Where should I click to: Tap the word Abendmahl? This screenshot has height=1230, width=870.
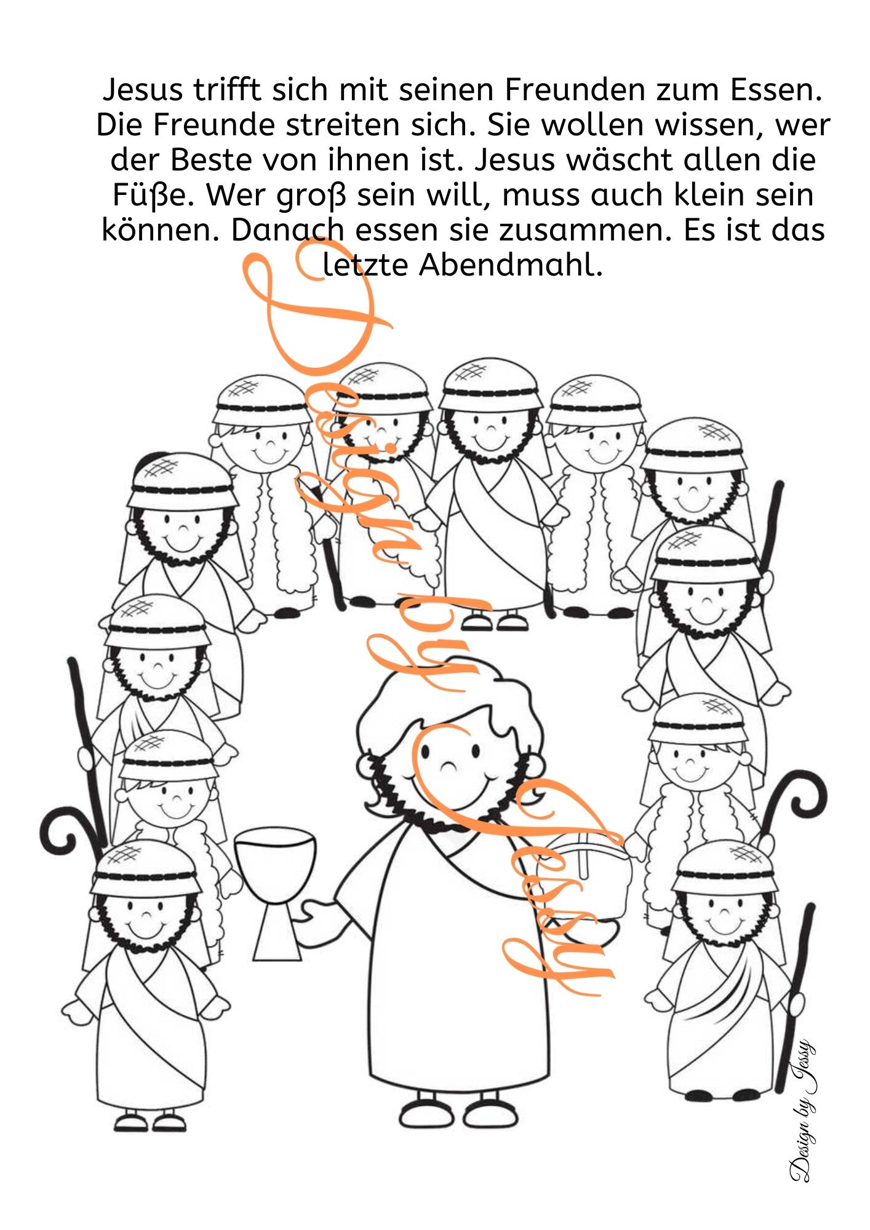coord(511,265)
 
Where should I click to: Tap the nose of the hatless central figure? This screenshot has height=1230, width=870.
coord(450,764)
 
